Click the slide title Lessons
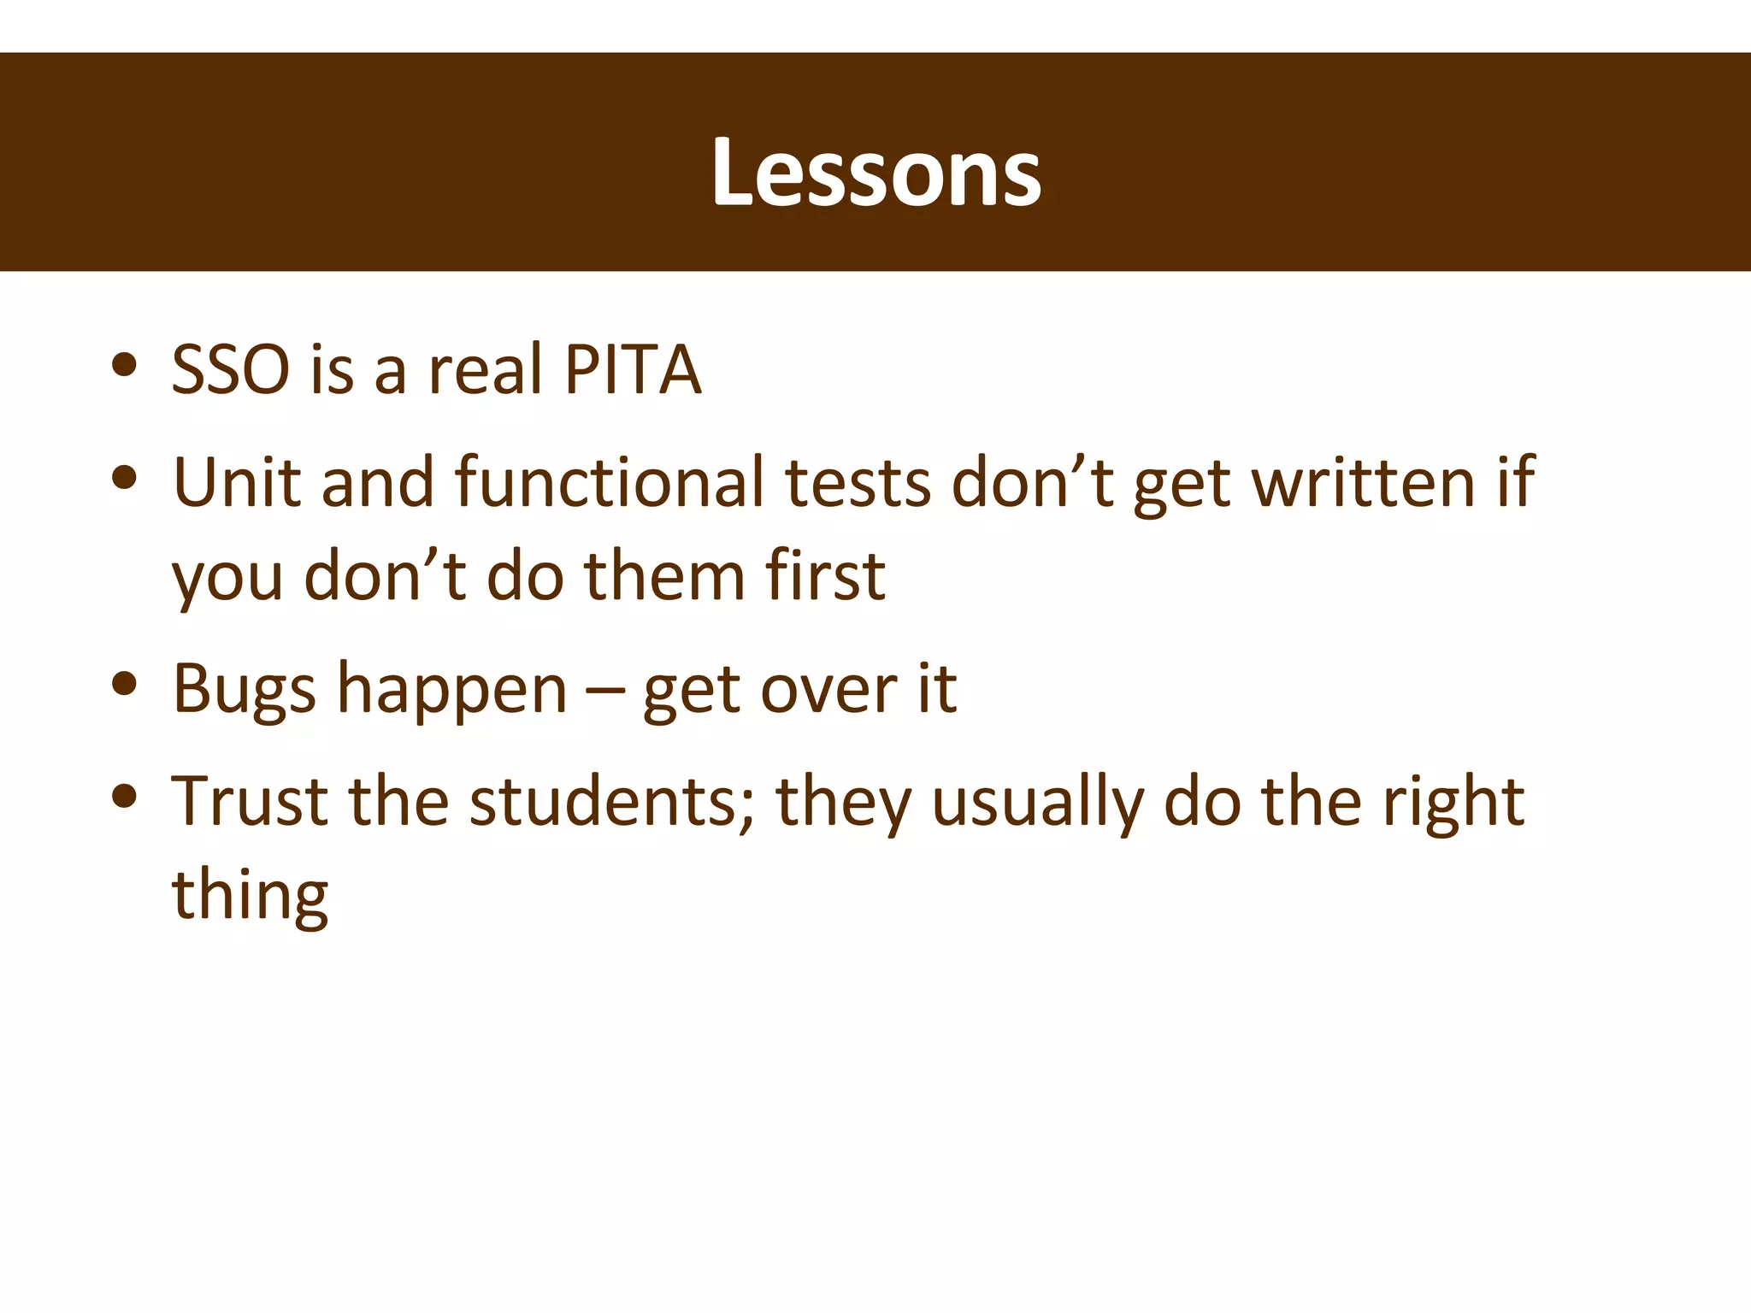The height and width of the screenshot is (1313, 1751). (875, 174)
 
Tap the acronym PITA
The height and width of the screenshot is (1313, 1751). (633, 370)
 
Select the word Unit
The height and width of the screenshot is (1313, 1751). (237, 482)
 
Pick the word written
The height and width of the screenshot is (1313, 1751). (1365, 484)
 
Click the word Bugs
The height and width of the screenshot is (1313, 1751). (244, 689)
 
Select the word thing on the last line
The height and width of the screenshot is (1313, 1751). (250, 897)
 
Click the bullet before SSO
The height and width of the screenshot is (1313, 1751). (125, 365)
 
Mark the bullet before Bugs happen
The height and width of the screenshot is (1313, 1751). (125, 683)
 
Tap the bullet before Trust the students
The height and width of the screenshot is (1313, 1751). (125, 796)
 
